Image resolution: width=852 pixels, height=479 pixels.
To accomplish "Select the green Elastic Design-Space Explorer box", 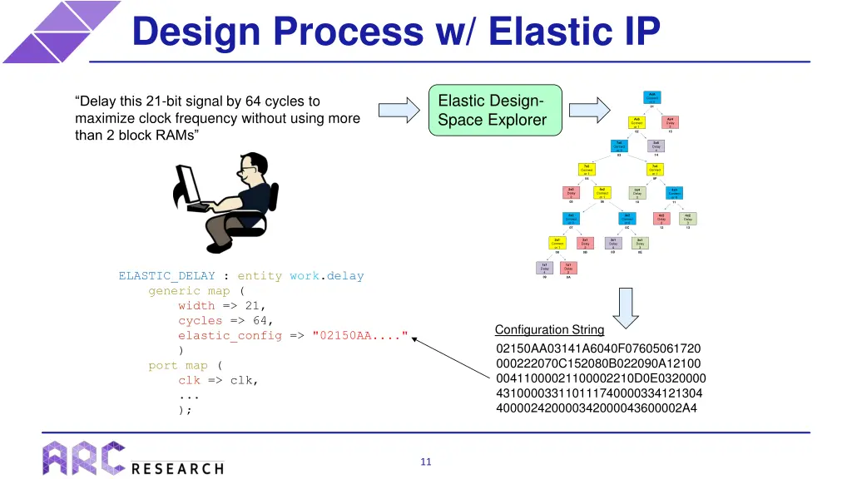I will click(494, 111).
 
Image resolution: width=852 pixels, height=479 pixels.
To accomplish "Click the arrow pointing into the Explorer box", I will click(399, 111).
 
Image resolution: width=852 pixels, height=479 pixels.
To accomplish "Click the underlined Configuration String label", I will click(549, 330).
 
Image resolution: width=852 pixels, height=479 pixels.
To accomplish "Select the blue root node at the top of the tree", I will click(652, 97).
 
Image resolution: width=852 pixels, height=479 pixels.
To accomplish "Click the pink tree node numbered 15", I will click(670, 123).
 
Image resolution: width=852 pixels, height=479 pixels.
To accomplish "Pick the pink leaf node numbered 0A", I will click(567, 269).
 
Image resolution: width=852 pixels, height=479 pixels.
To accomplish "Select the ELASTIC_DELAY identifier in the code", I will click(166, 276).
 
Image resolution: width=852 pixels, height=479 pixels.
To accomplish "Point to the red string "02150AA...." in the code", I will click(359, 336).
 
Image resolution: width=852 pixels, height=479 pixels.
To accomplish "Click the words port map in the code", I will click(178, 366).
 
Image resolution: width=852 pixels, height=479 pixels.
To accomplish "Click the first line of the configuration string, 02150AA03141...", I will click(597, 348).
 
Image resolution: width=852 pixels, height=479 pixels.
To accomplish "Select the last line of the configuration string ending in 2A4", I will click(596, 408).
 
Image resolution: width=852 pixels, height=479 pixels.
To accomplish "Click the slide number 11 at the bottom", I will click(426, 462).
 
